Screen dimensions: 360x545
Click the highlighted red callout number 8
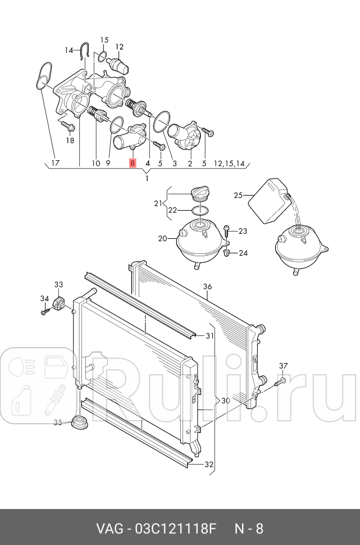pos(133,163)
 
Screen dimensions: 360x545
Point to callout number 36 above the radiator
pos(207,287)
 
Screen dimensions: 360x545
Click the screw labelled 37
pos(279,382)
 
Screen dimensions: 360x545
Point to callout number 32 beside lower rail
pos(209,464)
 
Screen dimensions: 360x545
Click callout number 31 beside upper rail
pos(209,336)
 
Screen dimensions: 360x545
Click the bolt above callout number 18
pos(68,126)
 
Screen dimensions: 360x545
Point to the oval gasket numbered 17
pos(44,75)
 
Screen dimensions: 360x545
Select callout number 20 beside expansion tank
pos(163,238)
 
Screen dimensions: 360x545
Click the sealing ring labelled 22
pos(200,210)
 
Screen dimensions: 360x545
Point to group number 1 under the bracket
pos(147,179)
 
